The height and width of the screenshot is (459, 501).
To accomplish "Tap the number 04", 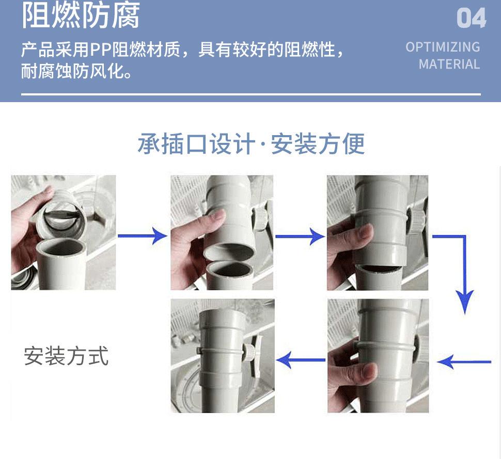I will [471, 18].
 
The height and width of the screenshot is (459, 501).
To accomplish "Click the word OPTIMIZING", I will [443, 47].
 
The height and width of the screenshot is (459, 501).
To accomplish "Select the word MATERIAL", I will [449, 64].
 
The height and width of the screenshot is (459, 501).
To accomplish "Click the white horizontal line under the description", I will [251, 94].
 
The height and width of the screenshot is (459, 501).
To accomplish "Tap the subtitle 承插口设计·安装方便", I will [251, 144].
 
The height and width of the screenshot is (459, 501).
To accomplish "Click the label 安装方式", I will [66, 356].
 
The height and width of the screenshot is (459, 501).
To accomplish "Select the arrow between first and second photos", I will [143, 236].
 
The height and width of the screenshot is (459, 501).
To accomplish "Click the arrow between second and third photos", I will [300, 237].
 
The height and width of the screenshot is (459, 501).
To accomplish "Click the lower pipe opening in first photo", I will [59, 248].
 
